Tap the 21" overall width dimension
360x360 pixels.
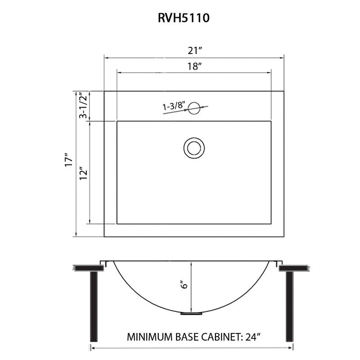pos(194,50)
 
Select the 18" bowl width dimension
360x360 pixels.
pos(194,66)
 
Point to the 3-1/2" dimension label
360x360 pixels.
pos(82,106)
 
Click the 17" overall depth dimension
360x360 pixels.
pos(68,161)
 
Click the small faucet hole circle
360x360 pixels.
pos(194,107)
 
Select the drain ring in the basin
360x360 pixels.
pos(194,148)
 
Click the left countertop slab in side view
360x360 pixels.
pos(87,268)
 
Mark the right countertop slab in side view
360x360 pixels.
pos(295,268)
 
